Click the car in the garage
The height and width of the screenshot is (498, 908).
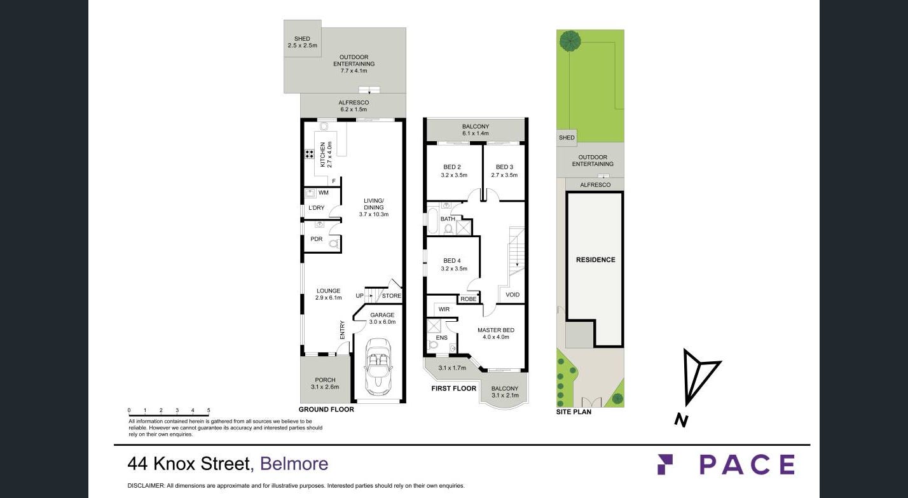(378, 367)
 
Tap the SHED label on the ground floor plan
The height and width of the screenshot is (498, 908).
(302, 39)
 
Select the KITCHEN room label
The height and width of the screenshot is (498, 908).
(322, 155)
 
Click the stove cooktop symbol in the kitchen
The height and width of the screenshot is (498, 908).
(309, 154)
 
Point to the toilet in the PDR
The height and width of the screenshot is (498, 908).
(334, 244)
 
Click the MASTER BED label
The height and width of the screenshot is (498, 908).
(496, 330)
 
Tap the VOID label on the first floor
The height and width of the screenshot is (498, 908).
(512, 295)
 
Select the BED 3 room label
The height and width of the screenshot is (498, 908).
(504, 167)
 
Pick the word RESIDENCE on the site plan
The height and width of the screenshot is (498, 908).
(595, 259)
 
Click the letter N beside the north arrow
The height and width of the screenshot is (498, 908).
(682, 420)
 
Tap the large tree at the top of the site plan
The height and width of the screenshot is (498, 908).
(570, 41)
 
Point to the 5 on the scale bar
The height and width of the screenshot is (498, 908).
(209, 410)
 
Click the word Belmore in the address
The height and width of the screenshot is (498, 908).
(294, 464)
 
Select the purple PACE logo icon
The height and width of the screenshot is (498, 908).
(665, 464)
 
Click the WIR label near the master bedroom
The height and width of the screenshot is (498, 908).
(444, 309)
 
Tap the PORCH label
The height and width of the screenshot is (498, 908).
(325, 380)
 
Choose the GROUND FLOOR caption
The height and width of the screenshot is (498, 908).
(326, 410)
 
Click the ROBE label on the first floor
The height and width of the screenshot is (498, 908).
(469, 299)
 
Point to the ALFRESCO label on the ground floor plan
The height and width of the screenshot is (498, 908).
(354, 102)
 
